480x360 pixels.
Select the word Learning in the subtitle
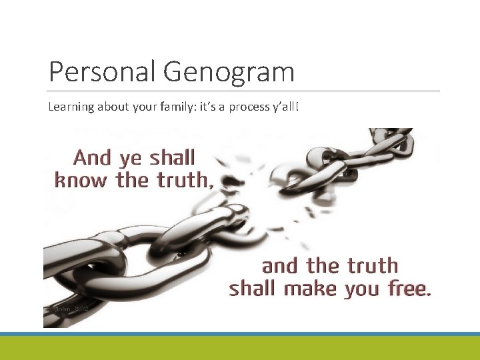coord(69,107)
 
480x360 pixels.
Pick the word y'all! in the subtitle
coord(285,107)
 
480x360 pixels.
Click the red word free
coord(409,289)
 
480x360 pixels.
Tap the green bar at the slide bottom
coord(240,348)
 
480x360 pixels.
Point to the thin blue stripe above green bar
coord(240,333)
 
